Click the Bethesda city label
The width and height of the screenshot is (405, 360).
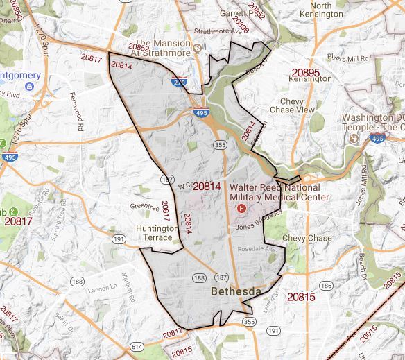tap(236, 292)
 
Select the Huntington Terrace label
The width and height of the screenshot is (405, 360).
tap(154, 232)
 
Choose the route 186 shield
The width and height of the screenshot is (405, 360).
tap(325, 285)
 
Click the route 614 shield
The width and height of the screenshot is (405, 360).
tap(137, 346)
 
